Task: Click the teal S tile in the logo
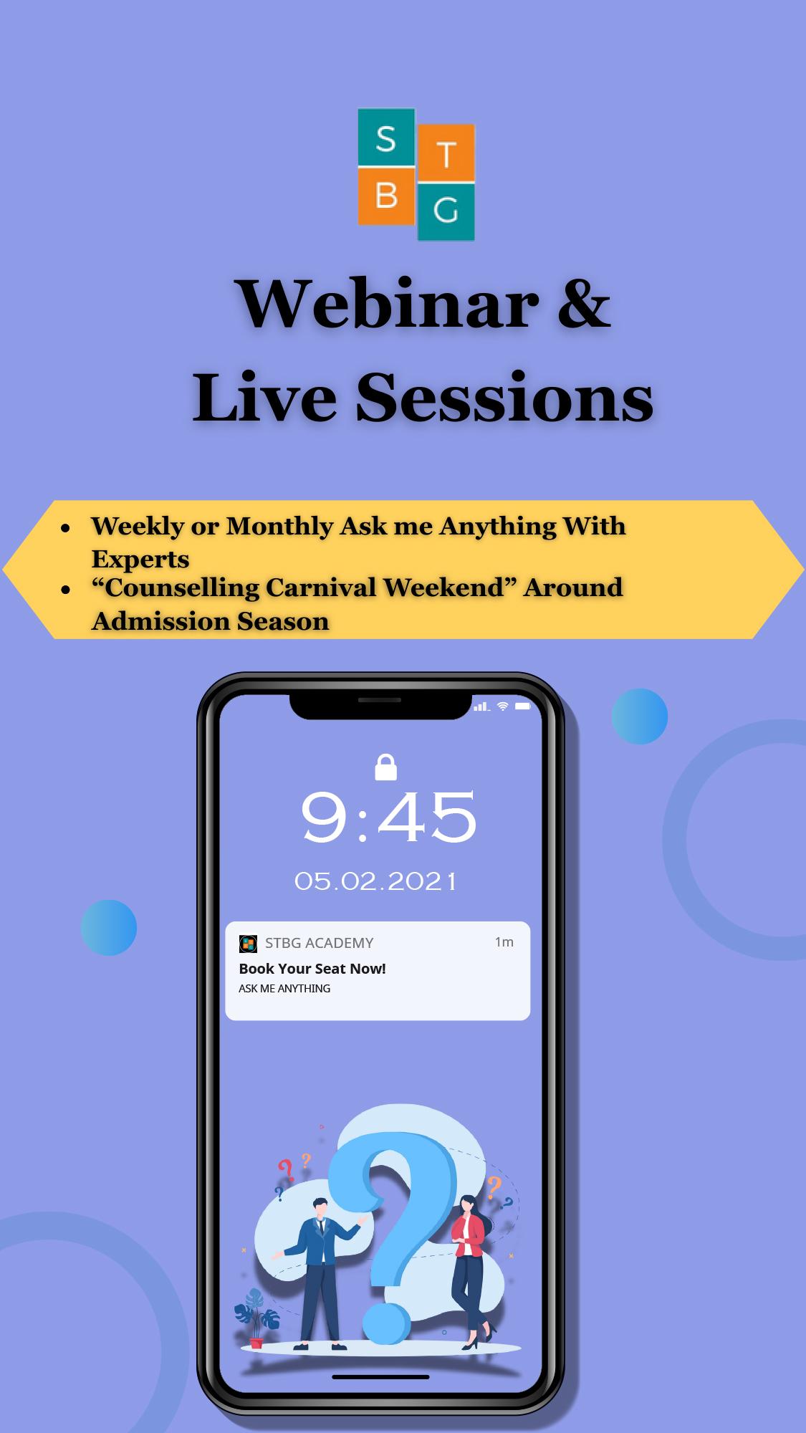[386, 138]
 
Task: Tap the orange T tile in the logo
[446, 153]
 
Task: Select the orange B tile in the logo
[386, 196]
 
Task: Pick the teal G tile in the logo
[446, 212]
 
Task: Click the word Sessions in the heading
[504, 397]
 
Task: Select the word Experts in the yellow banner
[140, 560]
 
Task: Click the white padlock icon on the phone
[385, 767]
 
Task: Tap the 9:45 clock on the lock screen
[388, 818]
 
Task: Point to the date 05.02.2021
[375, 881]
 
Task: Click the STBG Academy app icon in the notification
[248, 944]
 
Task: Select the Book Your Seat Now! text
[312, 969]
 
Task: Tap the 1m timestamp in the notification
[504, 942]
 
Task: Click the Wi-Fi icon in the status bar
[503, 706]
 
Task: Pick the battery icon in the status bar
[522, 706]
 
